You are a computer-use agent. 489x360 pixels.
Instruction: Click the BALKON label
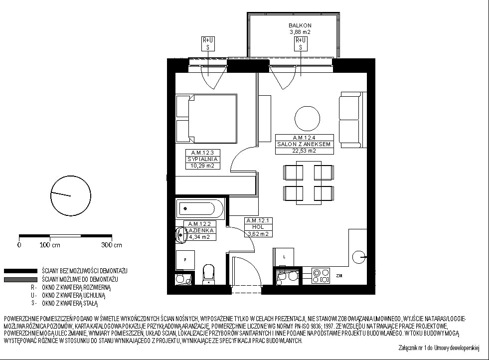(x=300, y=25)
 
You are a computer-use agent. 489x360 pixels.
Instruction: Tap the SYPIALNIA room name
(x=203, y=160)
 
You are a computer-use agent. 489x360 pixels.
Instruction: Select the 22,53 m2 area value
(x=305, y=151)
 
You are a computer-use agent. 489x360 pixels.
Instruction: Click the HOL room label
(x=258, y=227)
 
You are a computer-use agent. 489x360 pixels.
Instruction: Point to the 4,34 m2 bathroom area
(x=199, y=237)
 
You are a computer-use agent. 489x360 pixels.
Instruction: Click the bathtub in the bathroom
(x=200, y=208)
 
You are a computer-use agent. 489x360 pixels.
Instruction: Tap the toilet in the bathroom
(x=209, y=275)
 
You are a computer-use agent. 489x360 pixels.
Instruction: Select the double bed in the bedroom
(x=206, y=118)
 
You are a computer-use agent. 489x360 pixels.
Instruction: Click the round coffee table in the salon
(x=308, y=119)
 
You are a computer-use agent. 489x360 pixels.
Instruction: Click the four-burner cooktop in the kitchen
(x=321, y=276)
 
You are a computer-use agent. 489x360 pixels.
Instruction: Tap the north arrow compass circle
(x=71, y=195)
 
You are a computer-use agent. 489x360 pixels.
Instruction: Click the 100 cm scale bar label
(x=50, y=245)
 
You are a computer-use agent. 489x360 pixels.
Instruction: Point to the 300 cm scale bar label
(x=112, y=245)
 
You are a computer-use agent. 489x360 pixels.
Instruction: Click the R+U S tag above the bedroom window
(x=208, y=44)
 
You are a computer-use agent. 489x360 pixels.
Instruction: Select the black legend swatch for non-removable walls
(x=20, y=271)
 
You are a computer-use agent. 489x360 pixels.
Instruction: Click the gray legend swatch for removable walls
(x=20, y=280)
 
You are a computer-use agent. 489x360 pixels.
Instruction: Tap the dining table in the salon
(x=309, y=183)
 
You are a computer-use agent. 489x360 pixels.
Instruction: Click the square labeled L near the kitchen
(x=284, y=257)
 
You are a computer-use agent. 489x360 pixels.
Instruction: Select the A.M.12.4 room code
(x=305, y=138)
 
